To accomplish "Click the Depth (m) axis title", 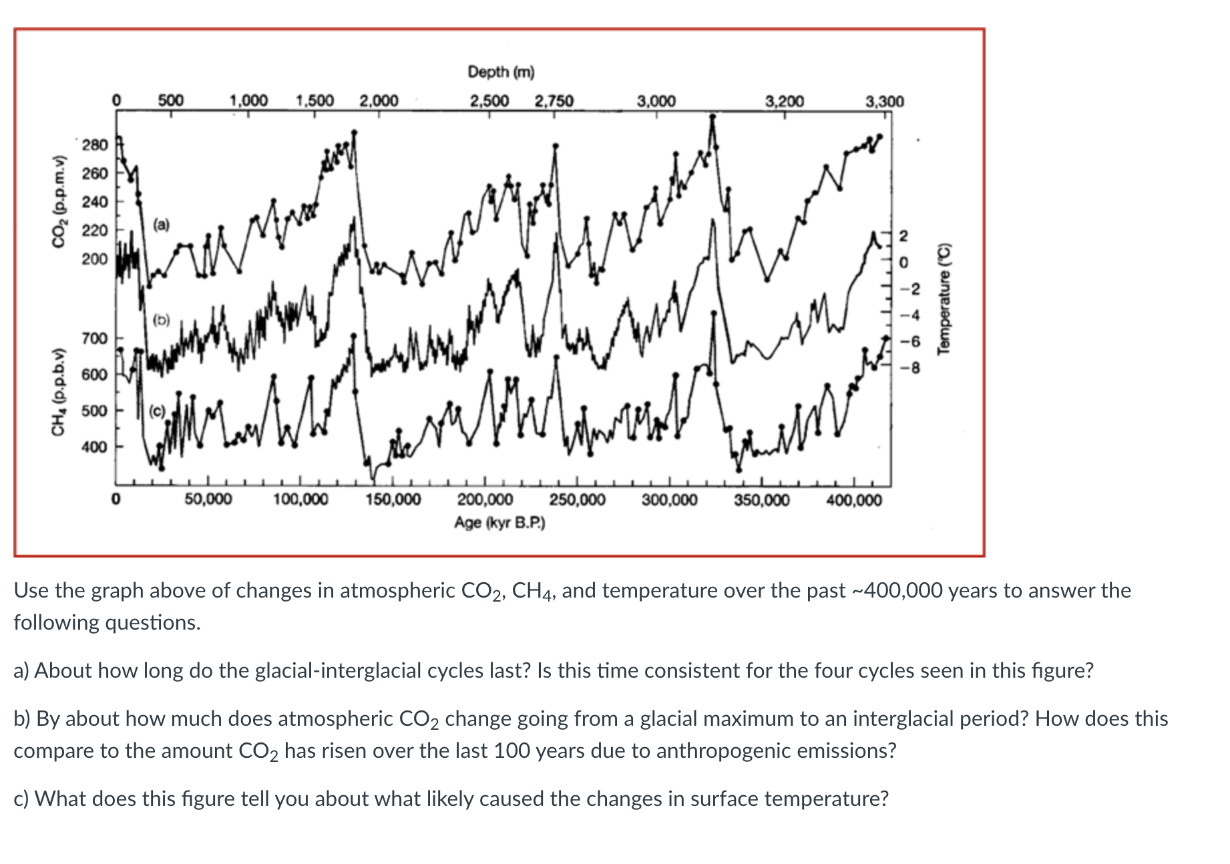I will pos(501,71).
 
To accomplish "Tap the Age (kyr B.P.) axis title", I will pos(499,523).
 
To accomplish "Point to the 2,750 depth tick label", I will pos(554,101).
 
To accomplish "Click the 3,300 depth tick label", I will pos(884,101).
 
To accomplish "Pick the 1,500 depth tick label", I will pos(315,101).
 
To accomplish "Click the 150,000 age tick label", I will pos(393,500).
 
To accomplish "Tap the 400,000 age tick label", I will pos(854,500).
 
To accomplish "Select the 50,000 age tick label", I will pos(208,500).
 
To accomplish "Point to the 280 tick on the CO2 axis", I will pos(95,145).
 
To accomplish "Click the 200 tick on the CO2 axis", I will pos(95,259).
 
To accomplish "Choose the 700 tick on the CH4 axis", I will pos(95,339).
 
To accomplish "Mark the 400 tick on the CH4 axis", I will pos(95,447).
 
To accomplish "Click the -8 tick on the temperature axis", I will pos(911,369).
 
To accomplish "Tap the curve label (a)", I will pos(161,225).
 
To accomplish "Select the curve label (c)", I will pos(158,411).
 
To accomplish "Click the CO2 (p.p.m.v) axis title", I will pos(61,201).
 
